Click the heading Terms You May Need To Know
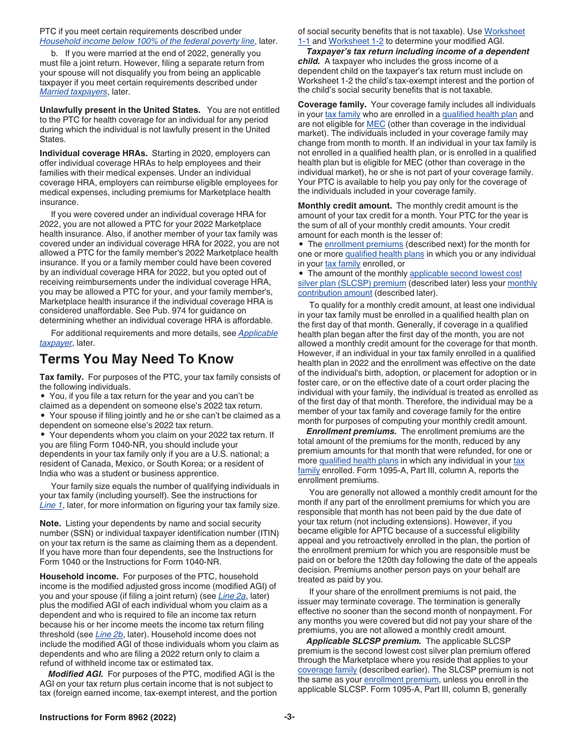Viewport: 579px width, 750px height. click(x=137, y=359)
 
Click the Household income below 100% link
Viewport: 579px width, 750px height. click(x=147, y=41)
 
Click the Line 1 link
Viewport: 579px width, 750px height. click(x=51, y=505)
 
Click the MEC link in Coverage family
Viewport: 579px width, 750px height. click(x=375, y=124)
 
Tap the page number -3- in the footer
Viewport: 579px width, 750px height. click(x=289, y=717)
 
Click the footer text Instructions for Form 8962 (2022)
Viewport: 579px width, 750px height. click(x=108, y=717)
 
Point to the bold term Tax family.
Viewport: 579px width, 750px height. click(x=62, y=377)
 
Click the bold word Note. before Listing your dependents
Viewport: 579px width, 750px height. click(x=50, y=523)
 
